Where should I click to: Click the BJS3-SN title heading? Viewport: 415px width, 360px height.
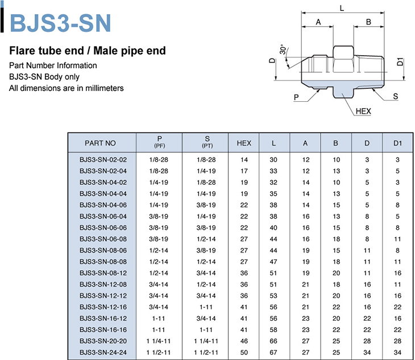60,23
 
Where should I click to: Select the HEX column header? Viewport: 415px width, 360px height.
244,143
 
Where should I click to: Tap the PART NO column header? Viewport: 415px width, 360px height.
100,143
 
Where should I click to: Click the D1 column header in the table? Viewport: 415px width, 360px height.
397,143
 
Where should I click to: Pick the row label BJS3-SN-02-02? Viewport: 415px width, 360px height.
103,160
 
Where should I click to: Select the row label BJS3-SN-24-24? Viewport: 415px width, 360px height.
103,353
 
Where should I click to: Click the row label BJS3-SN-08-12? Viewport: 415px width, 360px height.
103,273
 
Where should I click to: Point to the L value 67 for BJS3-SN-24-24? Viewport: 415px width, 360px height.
273,353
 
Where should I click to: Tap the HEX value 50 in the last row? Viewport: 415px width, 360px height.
244,353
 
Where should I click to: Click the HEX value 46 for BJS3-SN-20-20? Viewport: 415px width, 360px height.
244,341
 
